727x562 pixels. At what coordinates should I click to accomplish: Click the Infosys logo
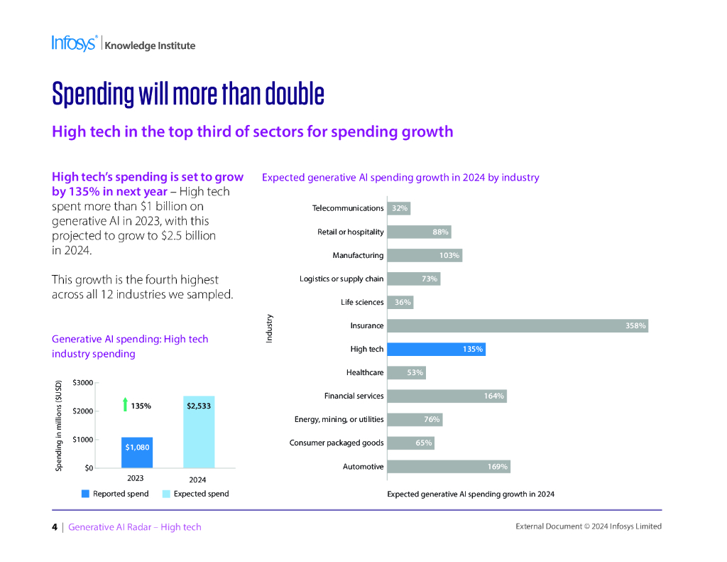pyautogui.click(x=74, y=43)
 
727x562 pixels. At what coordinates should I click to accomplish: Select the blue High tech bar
pyautogui.click(x=436, y=349)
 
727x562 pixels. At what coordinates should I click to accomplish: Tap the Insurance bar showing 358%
pyautogui.click(x=517, y=325)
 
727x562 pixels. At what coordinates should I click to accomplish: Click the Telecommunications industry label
pyautogui.click(x=348, y=208)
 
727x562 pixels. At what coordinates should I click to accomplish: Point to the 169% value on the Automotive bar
pyautogui.click(x=498, y=467)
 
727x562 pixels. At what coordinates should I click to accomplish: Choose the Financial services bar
pyautogui.click(x=447, y=396)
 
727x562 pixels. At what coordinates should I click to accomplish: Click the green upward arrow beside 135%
pyautogui.click(x=125, y=405)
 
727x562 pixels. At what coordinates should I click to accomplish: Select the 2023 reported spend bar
pyautogui.click(x=136, y=452)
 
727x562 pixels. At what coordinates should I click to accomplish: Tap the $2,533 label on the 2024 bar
pyautogui.click(x=199, y=406)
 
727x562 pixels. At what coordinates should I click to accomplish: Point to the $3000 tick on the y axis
pyautogui.click(x=83, y=383)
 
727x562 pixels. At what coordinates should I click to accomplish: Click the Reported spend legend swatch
pyautogui.click(x=85, y=494)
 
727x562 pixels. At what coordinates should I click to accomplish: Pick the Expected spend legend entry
pyautogui.click(x=196, y=494)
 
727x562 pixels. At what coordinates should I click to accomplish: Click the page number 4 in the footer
pyautogui.click(x=55, y=527)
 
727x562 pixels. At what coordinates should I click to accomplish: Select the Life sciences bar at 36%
pyautogui.click(x=400, y=302)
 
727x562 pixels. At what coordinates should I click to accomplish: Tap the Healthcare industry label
pyautogui.click(x=365, y=372)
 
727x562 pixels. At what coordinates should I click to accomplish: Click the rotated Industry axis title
pyautogui.click(x=269, y=328)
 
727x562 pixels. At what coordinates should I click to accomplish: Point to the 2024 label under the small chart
pyautogui.click(x=197, y=479)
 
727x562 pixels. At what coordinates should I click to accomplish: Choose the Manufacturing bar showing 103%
pyautogui.click(x=425, y=255)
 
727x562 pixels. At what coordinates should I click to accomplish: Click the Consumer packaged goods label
pyautogui.click(x=337, y=443)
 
